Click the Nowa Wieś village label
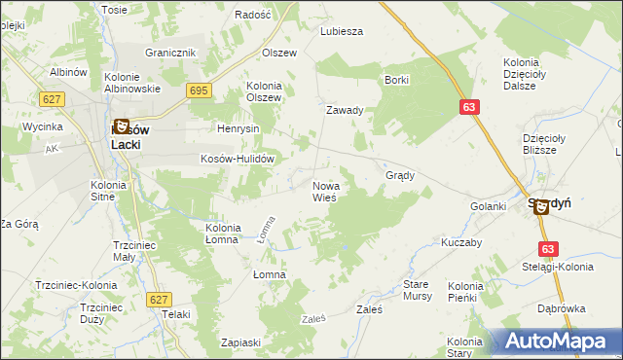324,191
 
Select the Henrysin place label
238,128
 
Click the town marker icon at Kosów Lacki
122,126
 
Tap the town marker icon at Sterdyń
541,206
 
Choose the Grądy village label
401,176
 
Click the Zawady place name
345,110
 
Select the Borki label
396,80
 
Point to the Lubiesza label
342,31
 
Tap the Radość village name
252,16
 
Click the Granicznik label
170,53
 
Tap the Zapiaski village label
240,342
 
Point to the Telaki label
176,314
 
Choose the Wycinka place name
44,126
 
